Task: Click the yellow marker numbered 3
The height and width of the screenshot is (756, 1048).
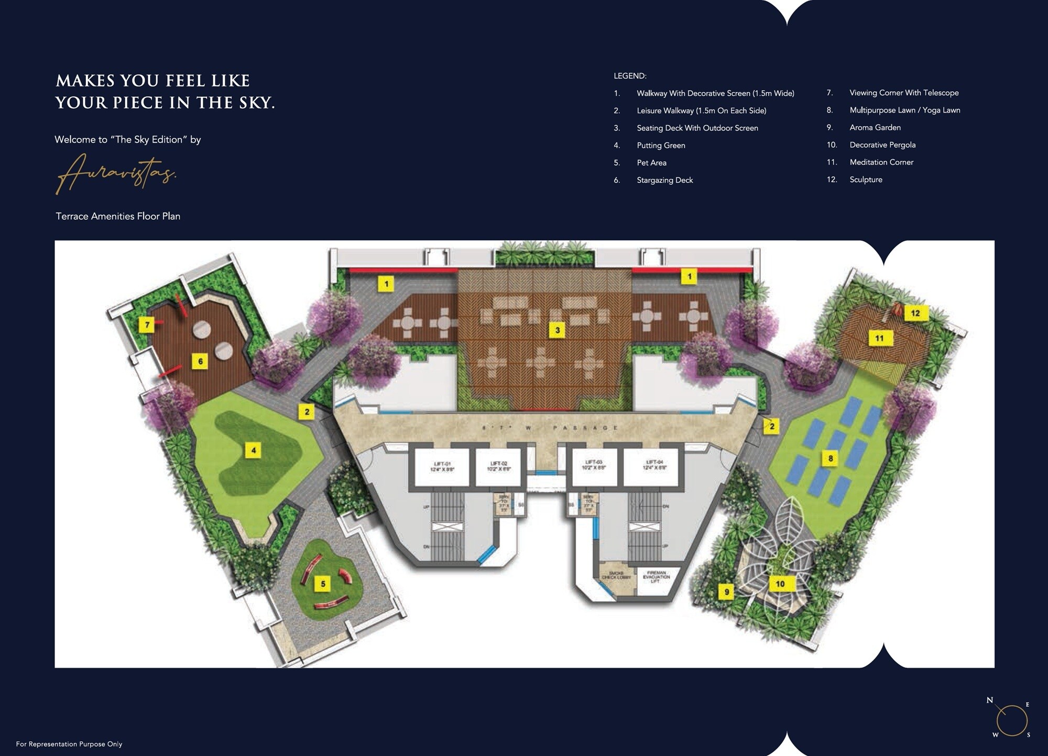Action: point(558,330)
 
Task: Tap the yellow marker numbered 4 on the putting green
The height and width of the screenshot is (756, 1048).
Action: point(254,450)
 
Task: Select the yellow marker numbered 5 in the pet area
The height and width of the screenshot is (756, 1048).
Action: point(323,584)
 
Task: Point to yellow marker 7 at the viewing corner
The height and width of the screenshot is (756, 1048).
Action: point(147,325)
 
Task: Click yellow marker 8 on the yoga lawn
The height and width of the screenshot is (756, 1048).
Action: point(831,459)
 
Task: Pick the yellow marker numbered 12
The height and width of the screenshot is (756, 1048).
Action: point(915,313)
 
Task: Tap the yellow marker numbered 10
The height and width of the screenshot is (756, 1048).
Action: point(780,584)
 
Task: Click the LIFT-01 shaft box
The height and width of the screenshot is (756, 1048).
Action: point(442,466)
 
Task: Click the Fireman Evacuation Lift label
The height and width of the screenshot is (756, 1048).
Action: point(656,577)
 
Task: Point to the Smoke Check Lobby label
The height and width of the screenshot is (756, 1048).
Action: point(616,576)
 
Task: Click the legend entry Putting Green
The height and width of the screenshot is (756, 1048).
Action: point(661,146)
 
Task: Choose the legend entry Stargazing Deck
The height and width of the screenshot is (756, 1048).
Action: point(664,180)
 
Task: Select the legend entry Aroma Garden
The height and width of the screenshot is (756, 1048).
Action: point(875,128)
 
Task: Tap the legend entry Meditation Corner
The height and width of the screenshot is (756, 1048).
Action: point(881,162)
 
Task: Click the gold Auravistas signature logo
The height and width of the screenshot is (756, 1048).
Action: point(116,173)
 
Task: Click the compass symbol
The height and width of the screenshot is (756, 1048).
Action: point(1011,720)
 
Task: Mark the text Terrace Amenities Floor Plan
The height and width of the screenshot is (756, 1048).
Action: point(118,216)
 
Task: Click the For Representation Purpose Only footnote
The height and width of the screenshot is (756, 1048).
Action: point(69,744)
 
